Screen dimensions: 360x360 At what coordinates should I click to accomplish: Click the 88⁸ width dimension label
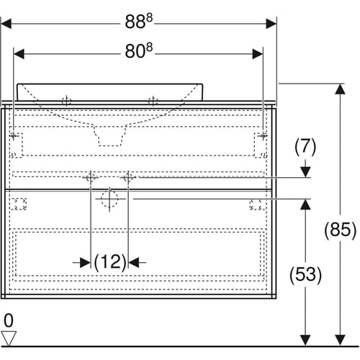click(x=139, y=22)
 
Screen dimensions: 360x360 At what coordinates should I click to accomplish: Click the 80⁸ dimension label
click(x=139, y=51)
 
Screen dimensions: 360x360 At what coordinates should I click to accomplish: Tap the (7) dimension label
click(x=305, y=146)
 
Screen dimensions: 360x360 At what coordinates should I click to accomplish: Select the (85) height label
click(x=341, y=230)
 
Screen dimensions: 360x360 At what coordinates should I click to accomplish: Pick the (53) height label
click(x=305, y=274)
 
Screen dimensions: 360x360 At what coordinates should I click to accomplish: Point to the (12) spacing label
click(x=109, y=262)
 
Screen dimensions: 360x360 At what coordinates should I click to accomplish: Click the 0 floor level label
click(x=9, y=320)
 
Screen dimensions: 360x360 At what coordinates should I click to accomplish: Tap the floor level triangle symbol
click(x=9, y=338)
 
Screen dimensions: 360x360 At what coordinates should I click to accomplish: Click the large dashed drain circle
click(x=109, y=199)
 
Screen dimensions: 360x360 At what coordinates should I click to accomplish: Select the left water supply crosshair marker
click(x=91, y=178)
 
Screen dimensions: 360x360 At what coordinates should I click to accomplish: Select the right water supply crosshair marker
click(x=128, y=178)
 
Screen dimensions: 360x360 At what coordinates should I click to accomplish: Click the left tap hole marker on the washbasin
click(x=66, y=101)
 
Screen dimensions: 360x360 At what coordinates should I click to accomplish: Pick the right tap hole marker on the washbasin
click(x=153, y=101)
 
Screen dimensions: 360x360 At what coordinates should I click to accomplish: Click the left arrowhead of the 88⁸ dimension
click(x=6, y=24)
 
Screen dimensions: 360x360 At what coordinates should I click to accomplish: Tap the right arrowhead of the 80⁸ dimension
click(x=258, y=54)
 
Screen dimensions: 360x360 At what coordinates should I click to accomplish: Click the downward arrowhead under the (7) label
click(x=305, y=172)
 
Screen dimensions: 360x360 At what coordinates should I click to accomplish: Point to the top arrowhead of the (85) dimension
click(x=340, y=89)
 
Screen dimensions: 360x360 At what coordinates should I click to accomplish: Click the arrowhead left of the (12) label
click(x=85, y=263)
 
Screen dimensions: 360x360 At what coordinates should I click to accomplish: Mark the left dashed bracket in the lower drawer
click(x=18, y=204)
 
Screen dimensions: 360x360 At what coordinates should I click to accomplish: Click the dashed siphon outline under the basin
click(x=110, y=135)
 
